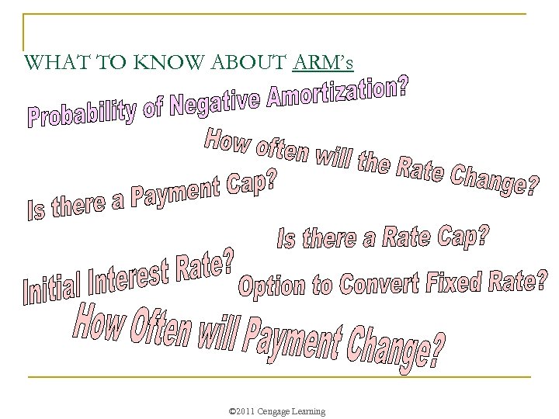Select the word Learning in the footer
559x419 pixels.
pos(309,410)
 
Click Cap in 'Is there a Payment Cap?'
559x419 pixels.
pos(249,185)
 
